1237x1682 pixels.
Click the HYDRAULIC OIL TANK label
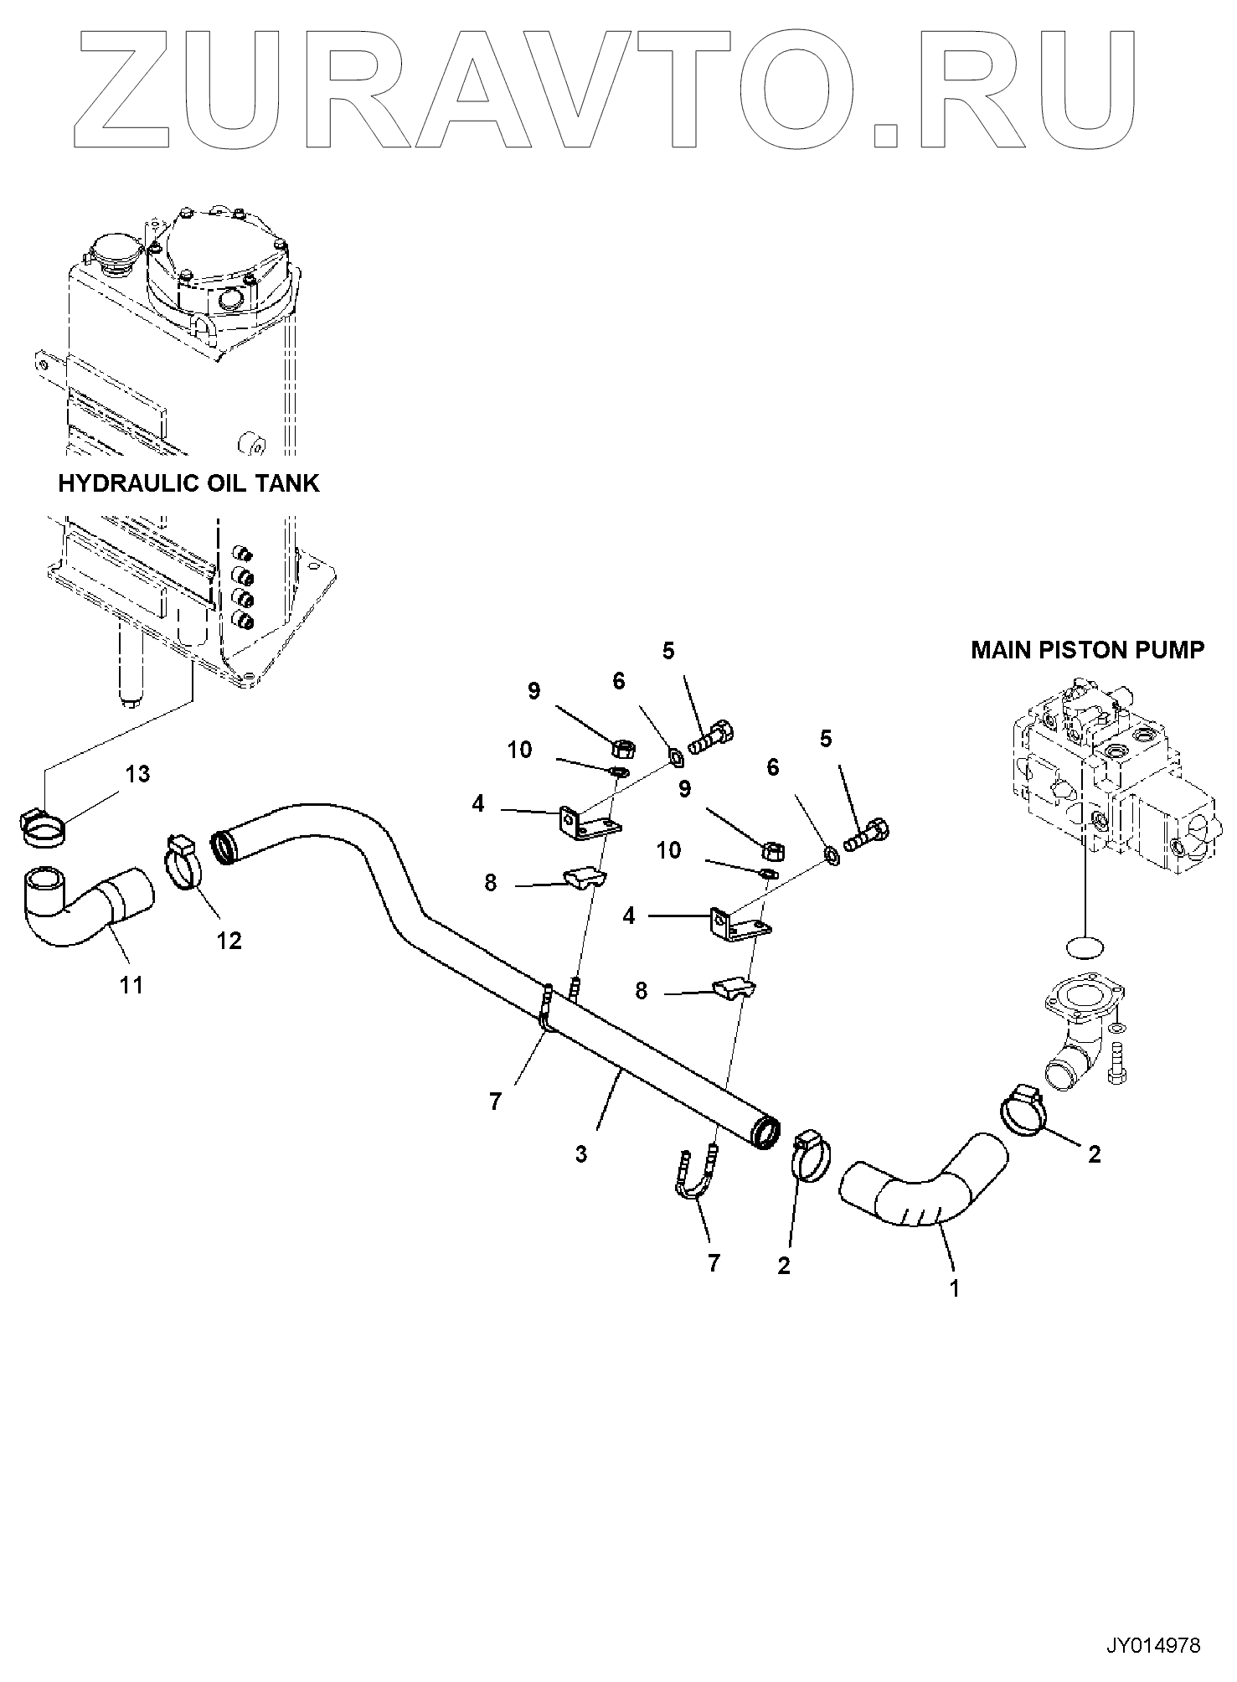point(188,483)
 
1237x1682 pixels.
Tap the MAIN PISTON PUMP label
point(1088,649)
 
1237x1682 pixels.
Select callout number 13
point(137,774)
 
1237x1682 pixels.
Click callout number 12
point(229,941)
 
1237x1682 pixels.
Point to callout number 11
point(131,985)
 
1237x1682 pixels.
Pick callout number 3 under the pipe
point(581,1154)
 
